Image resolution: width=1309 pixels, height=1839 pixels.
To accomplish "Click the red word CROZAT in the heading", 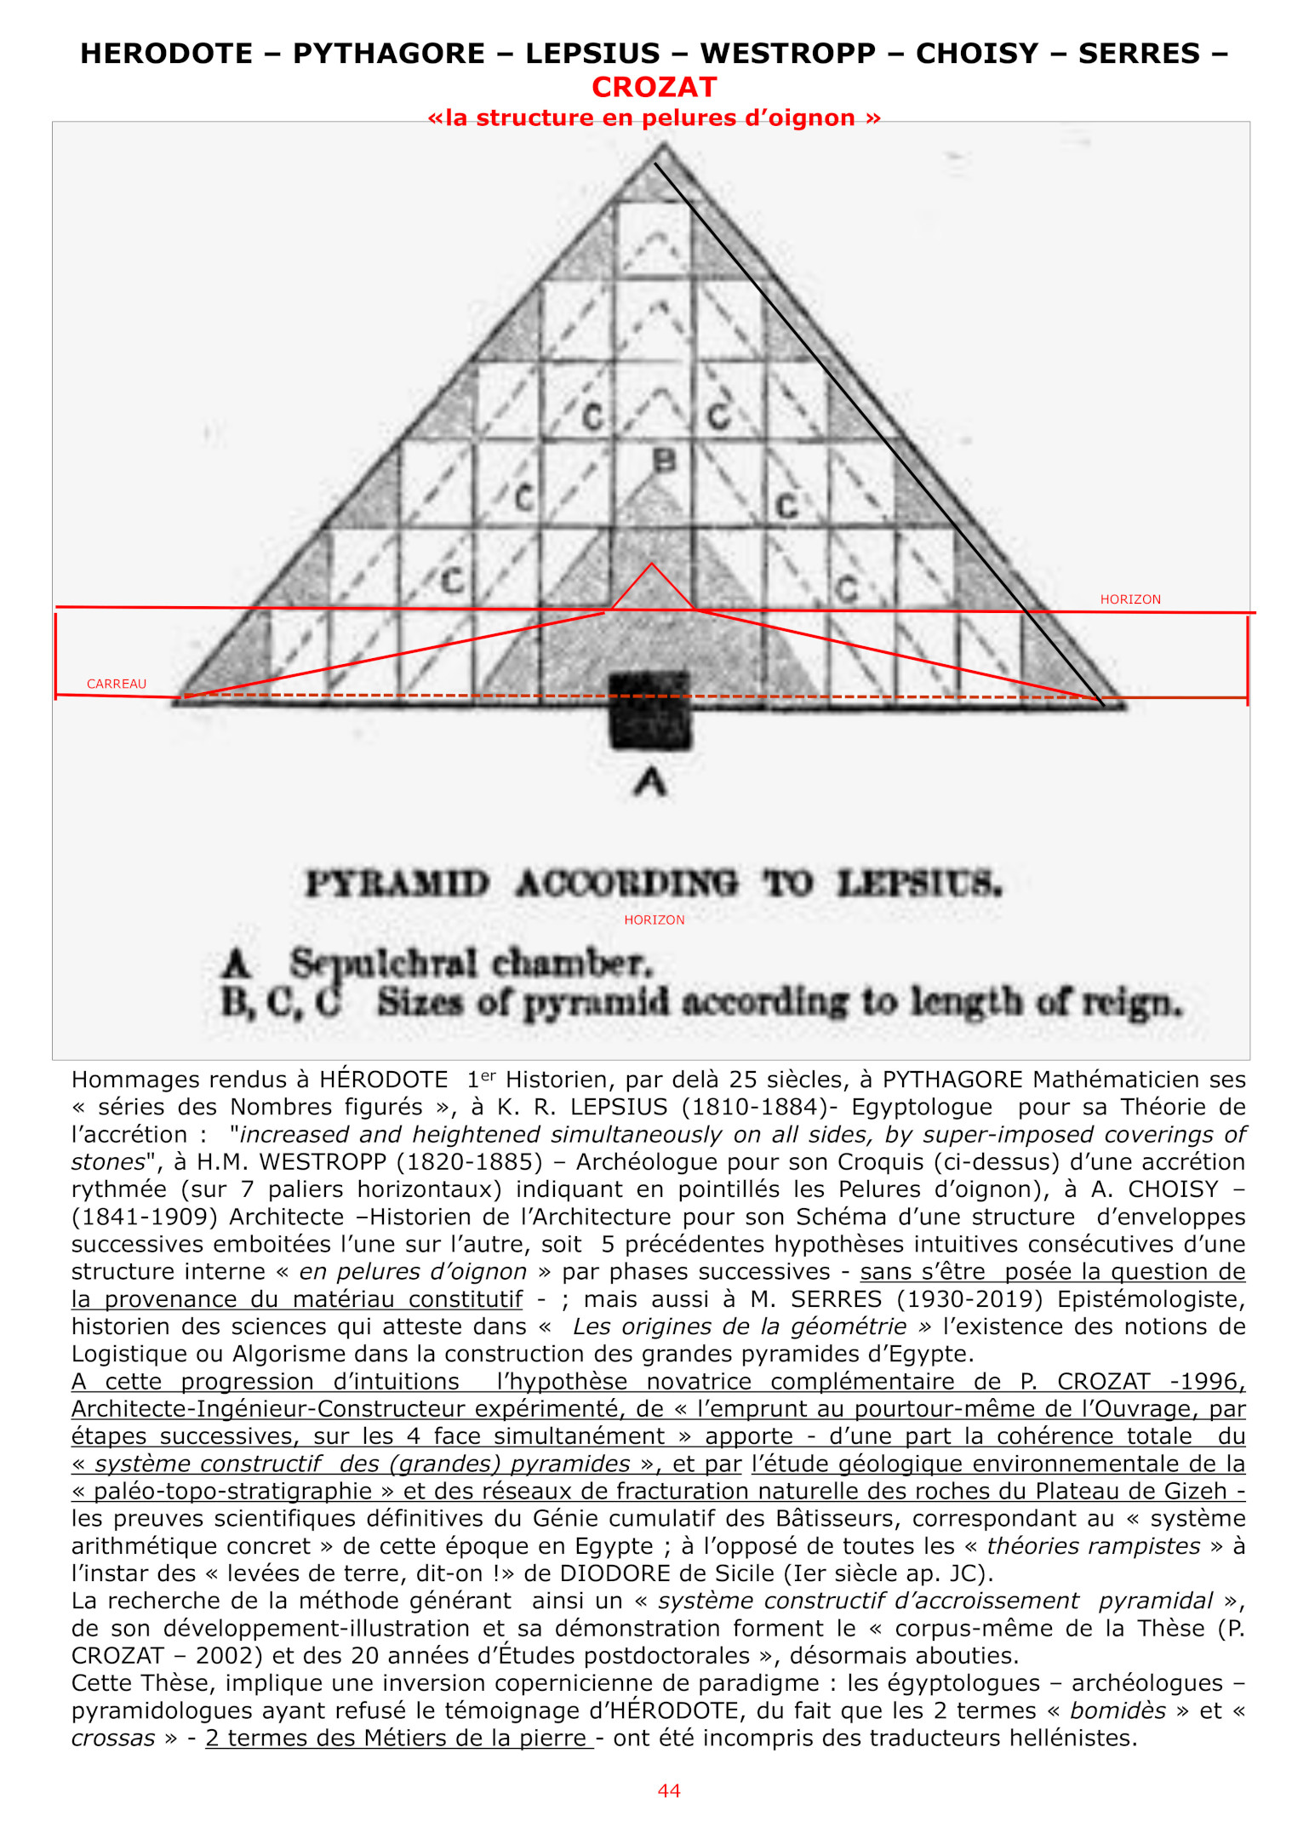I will (654, 87).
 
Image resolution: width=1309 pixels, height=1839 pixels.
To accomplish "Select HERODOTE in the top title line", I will (166, 54).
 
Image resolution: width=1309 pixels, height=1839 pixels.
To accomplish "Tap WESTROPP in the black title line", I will (787, 54).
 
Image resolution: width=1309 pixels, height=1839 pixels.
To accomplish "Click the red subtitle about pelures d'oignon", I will (654, 117).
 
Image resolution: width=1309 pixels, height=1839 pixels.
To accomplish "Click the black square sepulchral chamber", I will (650, 711).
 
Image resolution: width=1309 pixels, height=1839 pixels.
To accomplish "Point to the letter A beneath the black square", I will (650, 782).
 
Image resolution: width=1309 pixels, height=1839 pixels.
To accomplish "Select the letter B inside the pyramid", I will (664, 461).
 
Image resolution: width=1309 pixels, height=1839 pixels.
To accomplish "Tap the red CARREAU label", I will (117, 684).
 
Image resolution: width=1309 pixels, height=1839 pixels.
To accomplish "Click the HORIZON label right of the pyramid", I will (1129, 599).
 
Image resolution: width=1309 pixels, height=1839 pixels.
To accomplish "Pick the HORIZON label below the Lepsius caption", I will (654, 919).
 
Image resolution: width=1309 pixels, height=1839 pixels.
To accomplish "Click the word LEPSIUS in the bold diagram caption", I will (918, 884).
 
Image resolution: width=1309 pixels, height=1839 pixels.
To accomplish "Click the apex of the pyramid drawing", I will (665, 147).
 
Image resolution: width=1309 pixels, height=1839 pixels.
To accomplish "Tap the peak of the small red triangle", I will (652, 564).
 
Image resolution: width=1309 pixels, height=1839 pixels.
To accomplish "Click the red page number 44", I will (669, 1790).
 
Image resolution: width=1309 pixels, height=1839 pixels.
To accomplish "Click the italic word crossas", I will (113, 1738).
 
